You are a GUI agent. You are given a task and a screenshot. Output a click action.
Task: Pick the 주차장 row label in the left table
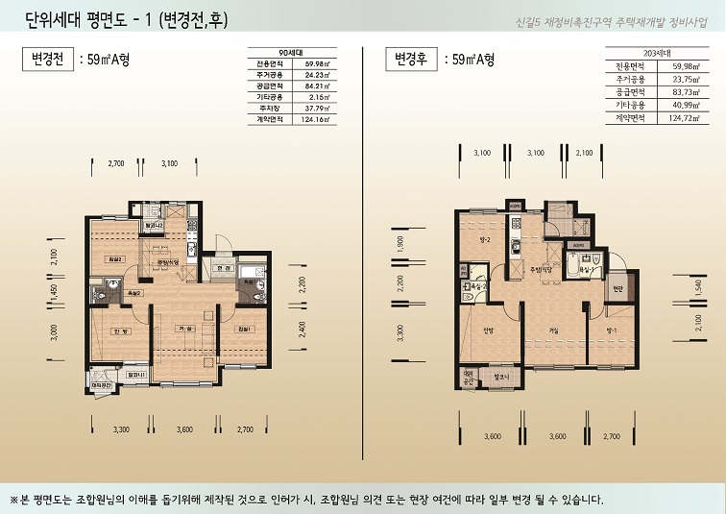268,109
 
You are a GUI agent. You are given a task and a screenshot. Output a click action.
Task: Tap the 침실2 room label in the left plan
115,258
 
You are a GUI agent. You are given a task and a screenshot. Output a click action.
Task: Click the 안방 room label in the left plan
120,331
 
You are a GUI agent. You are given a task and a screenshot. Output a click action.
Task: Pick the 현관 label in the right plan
617,288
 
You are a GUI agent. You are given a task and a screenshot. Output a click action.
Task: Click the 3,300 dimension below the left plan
121,429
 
